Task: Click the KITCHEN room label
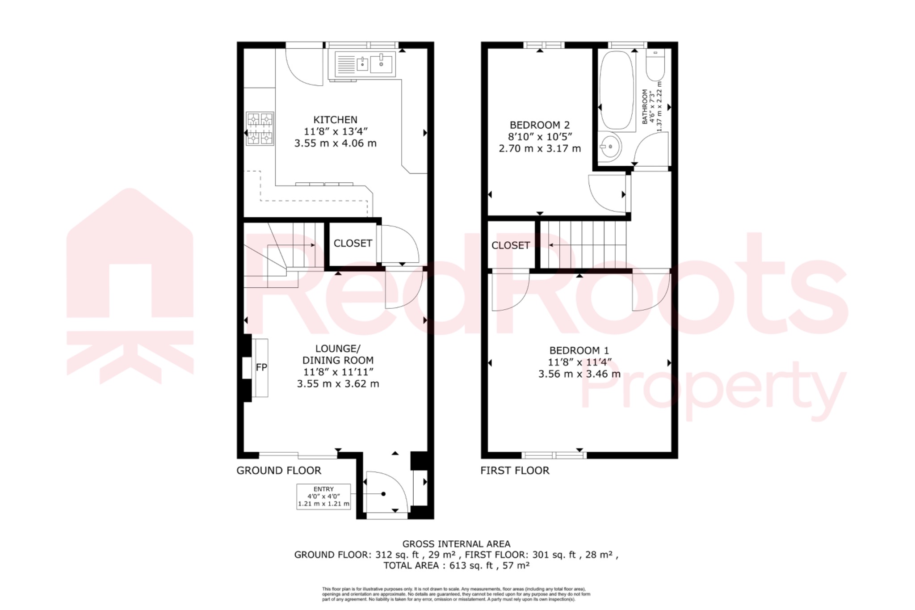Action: click(x=335, y=120)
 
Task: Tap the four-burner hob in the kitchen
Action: click(x=260, y=129)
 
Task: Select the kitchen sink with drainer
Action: click(x=362, y=65)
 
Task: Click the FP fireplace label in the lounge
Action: click(x=261, y=367)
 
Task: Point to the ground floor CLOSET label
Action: click(x=353, y=243)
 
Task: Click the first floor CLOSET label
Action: click(x=510, y=245)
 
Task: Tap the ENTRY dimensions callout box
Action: click(x=323, y=496)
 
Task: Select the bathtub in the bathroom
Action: click(x=616, y=91)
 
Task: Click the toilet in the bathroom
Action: click(x=655, y=66)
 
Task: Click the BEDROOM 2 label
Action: click(x=540, y=125)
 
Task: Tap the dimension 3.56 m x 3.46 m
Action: click(x=579, y=374)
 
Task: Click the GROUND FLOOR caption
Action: click(x=278, y=471)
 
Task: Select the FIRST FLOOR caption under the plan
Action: click(x=515, y=471)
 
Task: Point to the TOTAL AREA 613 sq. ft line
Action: click(x=456, y=565)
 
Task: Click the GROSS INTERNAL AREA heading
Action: click(x=456, y=544)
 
